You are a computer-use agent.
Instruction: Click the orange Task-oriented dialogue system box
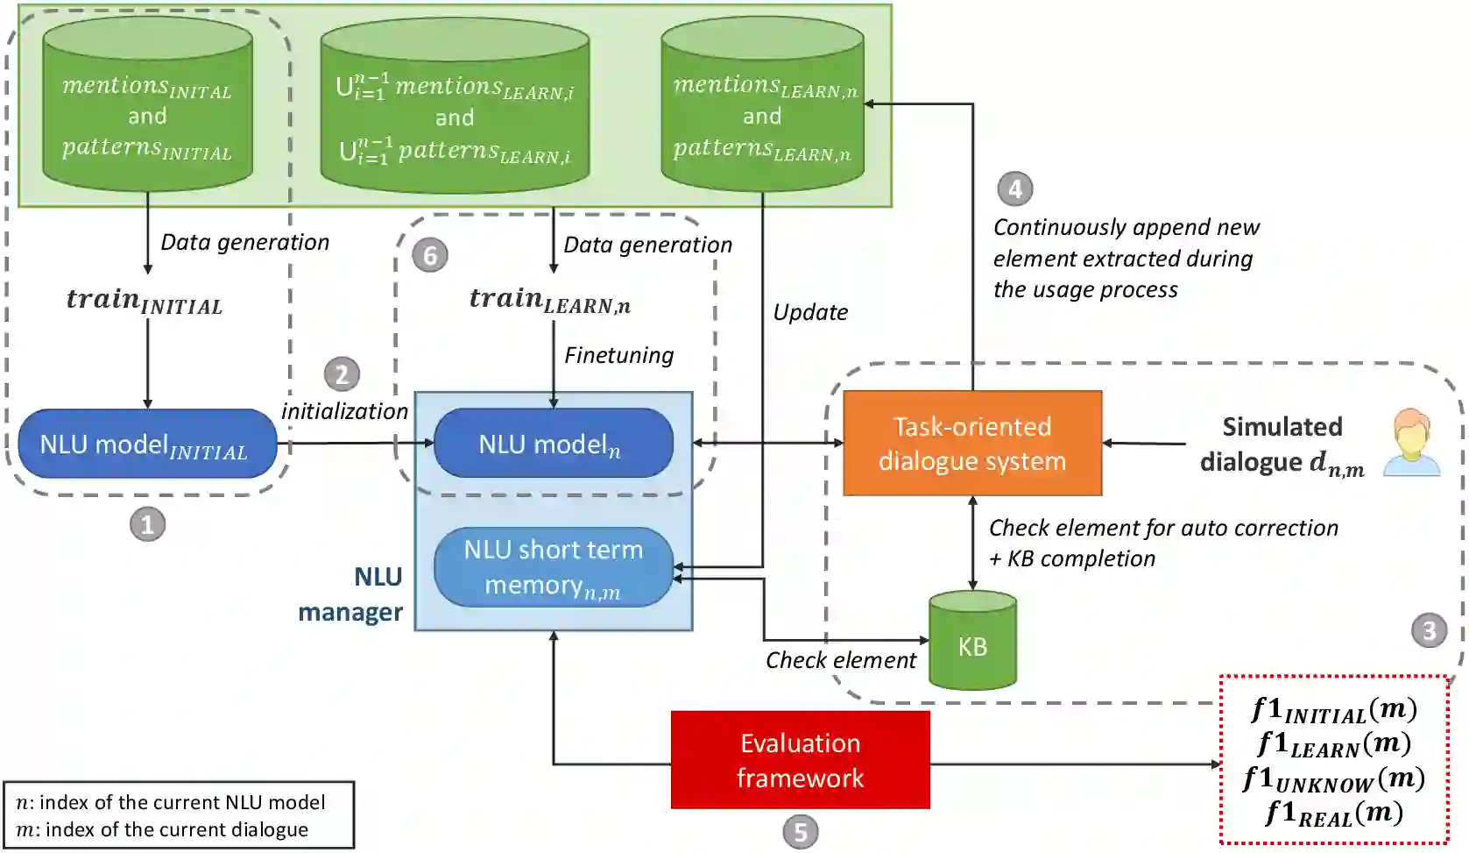[971, 444]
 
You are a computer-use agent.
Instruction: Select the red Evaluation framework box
[800, 760]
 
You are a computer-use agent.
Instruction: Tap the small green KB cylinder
[972, 641]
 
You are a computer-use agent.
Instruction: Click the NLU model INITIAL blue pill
[147, 444]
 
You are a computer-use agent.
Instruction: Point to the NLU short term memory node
[554, 567]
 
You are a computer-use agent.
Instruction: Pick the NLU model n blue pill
[554, 444]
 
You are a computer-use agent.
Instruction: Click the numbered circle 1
[147, 524]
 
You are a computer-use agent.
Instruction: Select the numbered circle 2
[342, 374]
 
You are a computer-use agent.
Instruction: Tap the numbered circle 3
[1429, 630]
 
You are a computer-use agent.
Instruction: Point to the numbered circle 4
[1015, 188]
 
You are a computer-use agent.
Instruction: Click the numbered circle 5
[800, 831]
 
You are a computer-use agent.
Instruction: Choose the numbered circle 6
[430, 255]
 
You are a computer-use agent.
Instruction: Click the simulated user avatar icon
[1411, 443]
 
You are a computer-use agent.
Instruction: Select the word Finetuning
[618, 355]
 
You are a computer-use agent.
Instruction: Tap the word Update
[810, 312]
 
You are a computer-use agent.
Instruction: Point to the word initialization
[344, 411]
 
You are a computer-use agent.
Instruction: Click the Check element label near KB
[840, 660]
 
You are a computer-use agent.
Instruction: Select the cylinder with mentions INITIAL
[147, 105]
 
